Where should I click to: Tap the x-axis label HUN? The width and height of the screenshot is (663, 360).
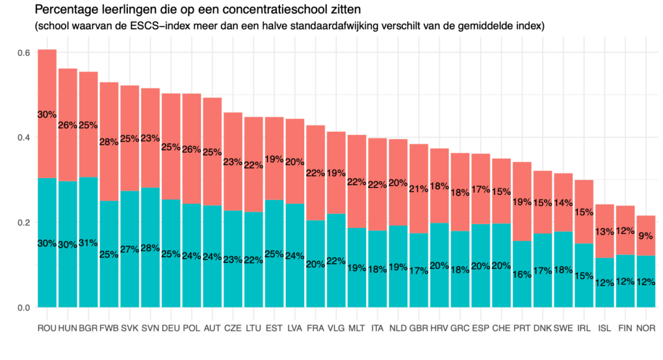[67, 327]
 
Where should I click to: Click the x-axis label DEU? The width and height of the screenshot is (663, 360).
[171, 327]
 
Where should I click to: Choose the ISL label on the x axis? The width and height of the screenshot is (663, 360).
[605, 327]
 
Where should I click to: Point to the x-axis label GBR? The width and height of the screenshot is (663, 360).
[419, 327]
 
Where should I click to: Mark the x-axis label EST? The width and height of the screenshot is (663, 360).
[274, 327]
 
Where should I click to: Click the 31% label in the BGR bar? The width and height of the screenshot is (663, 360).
[88, 243]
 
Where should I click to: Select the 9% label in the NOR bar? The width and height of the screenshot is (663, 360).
[646, 236]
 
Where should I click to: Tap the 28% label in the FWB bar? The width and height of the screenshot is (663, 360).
[109, 142]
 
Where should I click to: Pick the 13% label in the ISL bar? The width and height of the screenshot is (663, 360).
[605, 232]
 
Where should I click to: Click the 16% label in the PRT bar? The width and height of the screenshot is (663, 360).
[522, 274]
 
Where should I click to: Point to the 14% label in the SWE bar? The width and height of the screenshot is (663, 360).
[564, 202]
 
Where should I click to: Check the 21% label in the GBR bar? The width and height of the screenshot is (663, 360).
[419, 189]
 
